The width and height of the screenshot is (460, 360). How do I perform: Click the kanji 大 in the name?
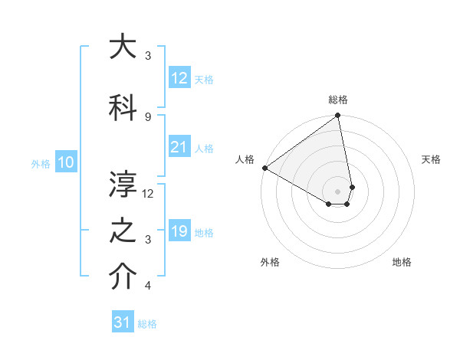tap(123, 47)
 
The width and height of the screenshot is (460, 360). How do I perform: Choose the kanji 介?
tap(123, 278)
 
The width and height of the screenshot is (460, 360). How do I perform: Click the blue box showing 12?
tap(179, 78)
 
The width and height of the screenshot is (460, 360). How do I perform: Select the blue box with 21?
tap(179, 148)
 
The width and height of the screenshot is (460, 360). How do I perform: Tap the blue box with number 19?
tap(179, 232)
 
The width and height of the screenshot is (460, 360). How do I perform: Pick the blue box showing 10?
tap(66, 162)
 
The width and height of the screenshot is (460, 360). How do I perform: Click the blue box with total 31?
tap(123, 322)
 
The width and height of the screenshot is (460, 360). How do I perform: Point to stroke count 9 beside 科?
tap(148, 116)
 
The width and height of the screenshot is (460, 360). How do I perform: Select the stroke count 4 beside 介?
tap(148, 286)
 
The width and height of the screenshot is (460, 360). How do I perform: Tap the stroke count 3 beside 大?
tap(148, 56)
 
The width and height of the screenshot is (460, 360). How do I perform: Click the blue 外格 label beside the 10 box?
tap(41, 163)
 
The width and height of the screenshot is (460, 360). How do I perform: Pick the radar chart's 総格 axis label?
tap(338, 100)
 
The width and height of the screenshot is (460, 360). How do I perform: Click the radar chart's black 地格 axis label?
tap(402, 262)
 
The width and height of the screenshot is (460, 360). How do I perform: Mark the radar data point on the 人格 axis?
tap(264, 168)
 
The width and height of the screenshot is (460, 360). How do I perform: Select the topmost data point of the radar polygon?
tap(338, 116)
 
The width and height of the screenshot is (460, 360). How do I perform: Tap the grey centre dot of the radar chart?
tap(338, 191)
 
